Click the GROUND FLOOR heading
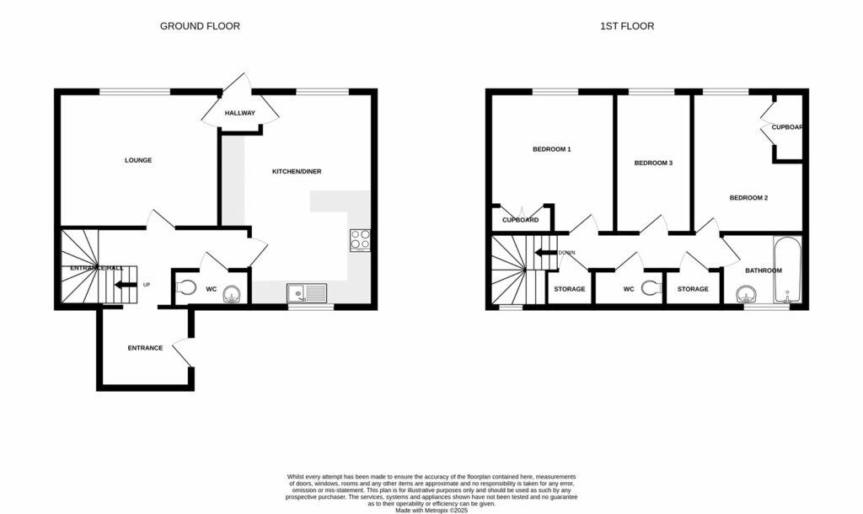click(200, 26)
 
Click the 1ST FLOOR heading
click(626, 26)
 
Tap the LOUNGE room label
click(138, 160)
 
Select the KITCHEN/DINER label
click(296, 172)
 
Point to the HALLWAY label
click(239, 113)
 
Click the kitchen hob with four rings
click(360, 240)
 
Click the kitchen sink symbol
click(307, 293)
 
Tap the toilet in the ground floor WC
click(186, 289)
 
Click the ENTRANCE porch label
click(145, 348)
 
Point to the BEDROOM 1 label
click(552, 150)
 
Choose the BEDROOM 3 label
click(653, 163)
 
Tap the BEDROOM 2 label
click(748, 198)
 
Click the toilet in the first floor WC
click(649, 289)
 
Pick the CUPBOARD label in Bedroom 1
click(520, 220)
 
